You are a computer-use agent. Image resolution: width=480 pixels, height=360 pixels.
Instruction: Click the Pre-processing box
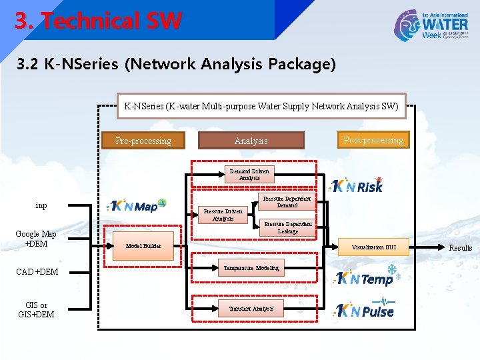[x=143, y=141]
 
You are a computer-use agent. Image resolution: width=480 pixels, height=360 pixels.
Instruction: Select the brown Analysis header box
[x=251, y=141]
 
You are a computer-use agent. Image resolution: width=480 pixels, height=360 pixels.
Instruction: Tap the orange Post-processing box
[x=373, y=140]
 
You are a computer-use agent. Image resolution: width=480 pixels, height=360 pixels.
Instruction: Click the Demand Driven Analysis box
[x=250, y=175]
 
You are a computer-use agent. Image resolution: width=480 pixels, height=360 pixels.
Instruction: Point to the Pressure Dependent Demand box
[x=287, y=202]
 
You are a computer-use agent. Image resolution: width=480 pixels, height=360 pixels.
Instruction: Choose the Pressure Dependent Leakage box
[x=287, y=227]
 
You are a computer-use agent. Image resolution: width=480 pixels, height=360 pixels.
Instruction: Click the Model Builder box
[x=143, y=246]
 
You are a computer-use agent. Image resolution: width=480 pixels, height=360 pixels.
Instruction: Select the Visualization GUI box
[x=373, y=247]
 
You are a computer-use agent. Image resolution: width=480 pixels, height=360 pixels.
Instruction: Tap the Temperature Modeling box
[x=250, y=268]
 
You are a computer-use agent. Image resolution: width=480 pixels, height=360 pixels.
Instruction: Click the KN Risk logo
[x=358, y=186]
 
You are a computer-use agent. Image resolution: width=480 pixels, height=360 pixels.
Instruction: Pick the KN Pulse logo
[x=365, y=310]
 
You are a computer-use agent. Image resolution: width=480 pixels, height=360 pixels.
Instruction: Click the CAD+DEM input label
[x=37, y=271]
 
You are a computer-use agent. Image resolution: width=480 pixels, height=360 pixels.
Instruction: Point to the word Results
[x=460, y=247]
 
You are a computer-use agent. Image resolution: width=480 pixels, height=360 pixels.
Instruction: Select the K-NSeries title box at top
[x=261, y=105]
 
